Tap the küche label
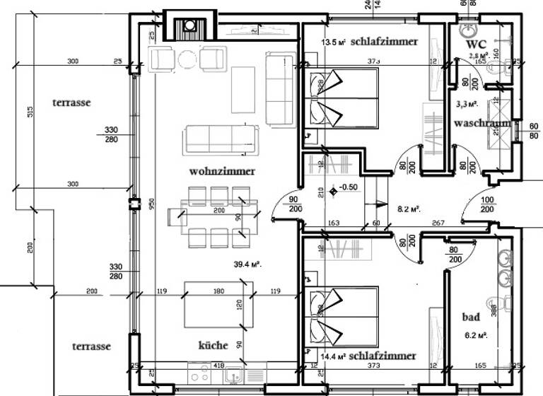213,346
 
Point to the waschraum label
483,123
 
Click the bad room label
471,317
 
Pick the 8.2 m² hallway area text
409,209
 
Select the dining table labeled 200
218,214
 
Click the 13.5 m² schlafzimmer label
369,42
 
